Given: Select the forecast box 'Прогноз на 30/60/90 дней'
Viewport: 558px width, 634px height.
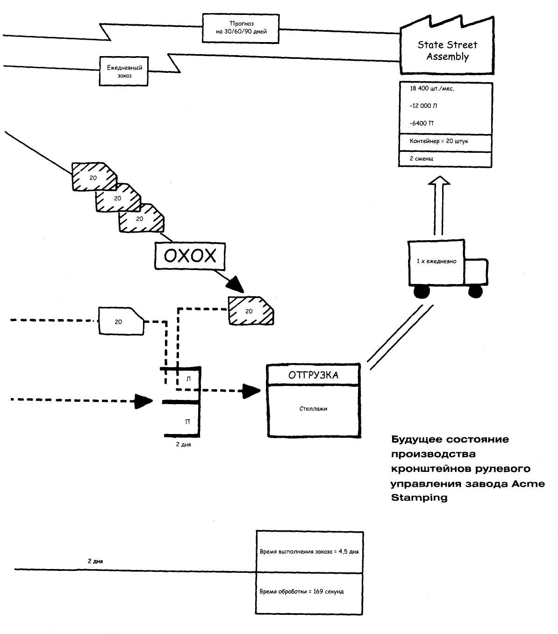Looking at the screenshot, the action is tap(241, 28).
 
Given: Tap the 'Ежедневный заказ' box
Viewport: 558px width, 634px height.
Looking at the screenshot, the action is tap(124, 71).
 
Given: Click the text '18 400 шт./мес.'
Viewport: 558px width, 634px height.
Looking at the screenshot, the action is tap(431, 89).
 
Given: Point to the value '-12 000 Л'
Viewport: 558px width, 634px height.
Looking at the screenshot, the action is tap(423, 106).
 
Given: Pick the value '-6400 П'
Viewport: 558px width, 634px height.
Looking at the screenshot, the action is tap(422, 123).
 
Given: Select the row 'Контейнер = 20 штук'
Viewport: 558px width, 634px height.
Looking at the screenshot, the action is tap(445, 143).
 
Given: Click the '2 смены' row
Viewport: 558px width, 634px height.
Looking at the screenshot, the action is tap(445, 159).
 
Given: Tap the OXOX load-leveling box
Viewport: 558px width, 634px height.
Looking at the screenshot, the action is tap(190, 256).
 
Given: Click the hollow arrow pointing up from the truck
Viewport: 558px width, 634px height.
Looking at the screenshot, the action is tap(439, 205).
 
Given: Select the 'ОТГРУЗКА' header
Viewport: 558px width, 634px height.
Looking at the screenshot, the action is tap(313, 375).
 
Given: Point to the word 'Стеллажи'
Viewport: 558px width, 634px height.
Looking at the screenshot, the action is tap(313, 409).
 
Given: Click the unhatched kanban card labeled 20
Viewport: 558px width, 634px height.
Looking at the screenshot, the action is tap(121, 321).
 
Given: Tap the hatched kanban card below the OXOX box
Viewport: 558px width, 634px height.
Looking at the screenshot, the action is tap(251, 310).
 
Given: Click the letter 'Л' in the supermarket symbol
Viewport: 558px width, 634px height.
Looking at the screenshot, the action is tap(188, 379).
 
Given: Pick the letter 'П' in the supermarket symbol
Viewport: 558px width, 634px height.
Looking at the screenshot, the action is tap(187, 422).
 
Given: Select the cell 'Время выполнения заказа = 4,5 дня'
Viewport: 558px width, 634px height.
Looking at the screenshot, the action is tap(309, 552).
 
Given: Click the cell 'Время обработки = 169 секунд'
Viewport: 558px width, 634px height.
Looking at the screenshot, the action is tap(309, 593).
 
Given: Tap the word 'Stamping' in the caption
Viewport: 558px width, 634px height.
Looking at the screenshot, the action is tap(419, 498).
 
